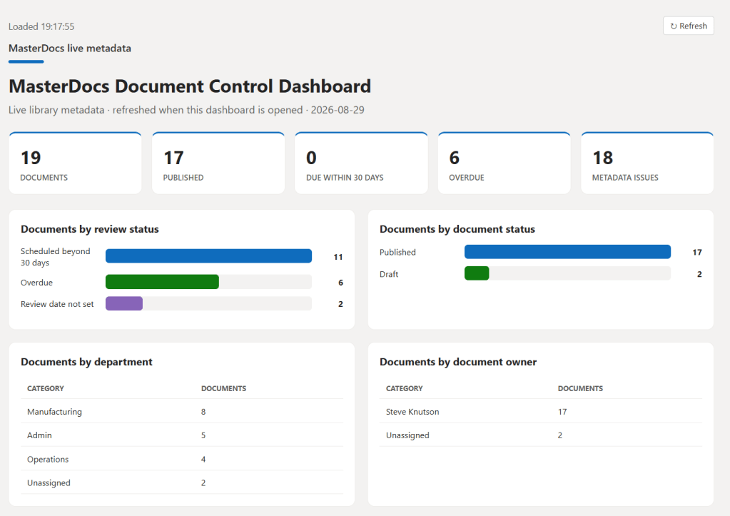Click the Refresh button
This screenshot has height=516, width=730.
pos(688,26)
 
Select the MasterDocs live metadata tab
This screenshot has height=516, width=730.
pos(70,49)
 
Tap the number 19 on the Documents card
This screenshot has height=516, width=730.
pos(31,158)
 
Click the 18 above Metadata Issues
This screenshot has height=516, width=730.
pos(602,158)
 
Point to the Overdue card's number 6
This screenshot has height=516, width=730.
pos(455,158)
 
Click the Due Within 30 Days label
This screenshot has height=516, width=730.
pos(345,178)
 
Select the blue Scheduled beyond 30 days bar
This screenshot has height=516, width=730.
pos(208,256)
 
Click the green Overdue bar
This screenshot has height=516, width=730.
pos(162,282)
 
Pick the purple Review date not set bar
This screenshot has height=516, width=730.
pos(124,303)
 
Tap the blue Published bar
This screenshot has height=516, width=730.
pos(567,252)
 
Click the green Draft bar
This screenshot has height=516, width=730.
pos(477,273)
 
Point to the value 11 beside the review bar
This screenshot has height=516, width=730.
pos(338,257)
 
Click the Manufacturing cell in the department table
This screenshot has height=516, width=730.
pos(54,412)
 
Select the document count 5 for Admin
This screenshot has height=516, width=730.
pos(203,435)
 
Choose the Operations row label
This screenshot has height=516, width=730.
pos(48,459)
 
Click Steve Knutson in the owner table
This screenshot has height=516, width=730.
pos(412,412)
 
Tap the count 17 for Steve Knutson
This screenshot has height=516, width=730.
pos(562,412)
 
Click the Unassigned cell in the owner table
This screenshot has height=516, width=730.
pos(407,435)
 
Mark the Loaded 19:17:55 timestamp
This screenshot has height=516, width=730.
pos(41,26)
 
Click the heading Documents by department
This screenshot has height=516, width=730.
pos(86,362)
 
